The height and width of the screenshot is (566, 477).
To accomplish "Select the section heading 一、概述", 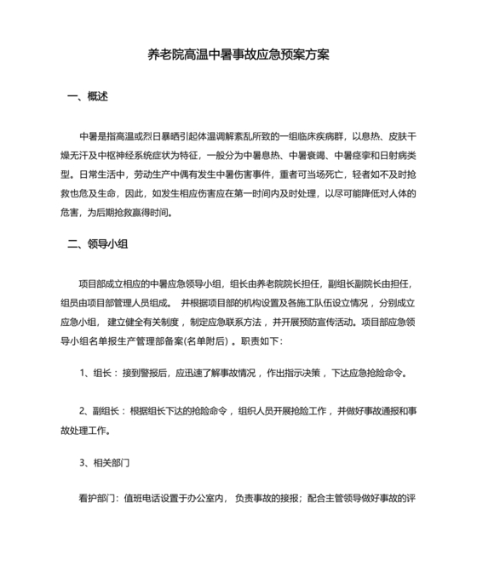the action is point(88,97).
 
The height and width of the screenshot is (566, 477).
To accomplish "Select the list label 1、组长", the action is point(97,373).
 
